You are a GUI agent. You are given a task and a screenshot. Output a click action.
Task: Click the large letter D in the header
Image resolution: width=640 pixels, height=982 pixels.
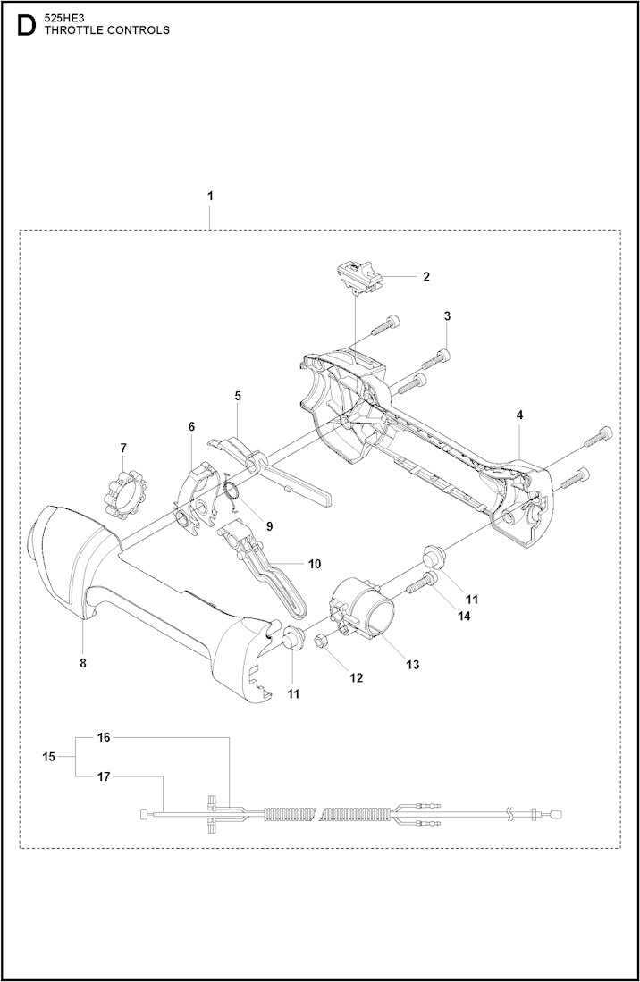[26, 26]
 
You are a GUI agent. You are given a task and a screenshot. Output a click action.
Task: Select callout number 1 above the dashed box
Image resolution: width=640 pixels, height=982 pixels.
[210, 195]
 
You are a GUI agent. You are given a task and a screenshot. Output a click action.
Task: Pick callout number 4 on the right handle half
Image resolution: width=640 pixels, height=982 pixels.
[519, 415]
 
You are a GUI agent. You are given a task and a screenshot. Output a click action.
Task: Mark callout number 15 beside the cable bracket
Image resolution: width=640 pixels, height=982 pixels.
[48, 756]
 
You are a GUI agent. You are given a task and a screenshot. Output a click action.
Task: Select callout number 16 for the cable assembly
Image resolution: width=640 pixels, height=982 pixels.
[104, 737]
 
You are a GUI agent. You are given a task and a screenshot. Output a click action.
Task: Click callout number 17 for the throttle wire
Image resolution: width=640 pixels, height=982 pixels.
[104, 776]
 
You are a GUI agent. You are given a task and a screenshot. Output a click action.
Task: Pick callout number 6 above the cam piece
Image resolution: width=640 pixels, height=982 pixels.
[191, 427]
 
